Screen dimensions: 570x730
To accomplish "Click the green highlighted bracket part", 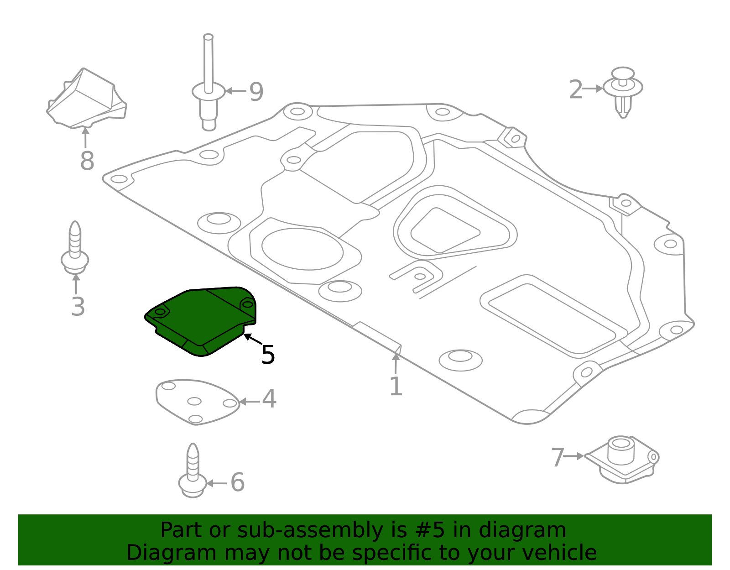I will [x=201, y=319].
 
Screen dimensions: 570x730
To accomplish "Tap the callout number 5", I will [x=268, y=355].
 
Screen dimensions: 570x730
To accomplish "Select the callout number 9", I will [x=256, y=92].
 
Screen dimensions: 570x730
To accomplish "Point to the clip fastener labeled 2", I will [x=623, y=91].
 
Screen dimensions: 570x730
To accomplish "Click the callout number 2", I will [x=576, y=89].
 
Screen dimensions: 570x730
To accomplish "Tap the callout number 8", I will [x=87, y=161].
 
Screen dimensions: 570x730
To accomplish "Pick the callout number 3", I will [x=78, y=307].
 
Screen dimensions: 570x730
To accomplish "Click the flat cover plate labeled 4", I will [x=196, y=402].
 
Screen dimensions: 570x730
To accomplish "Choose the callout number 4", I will [x=269, y=399].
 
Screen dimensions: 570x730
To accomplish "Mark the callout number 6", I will [x=237, y=482].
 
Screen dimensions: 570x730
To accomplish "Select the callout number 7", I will [x=558, y=458].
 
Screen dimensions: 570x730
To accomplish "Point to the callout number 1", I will [x=396, y=387].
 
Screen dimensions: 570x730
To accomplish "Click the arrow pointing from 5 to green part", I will [x=252, y=339].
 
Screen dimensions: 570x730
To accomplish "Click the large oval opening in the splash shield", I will [x=302, y=249].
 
